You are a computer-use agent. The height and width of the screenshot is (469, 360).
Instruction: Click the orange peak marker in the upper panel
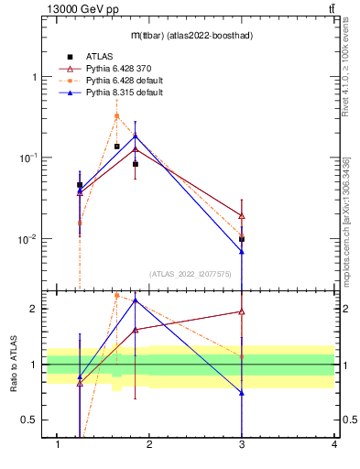click(x=116, y=115)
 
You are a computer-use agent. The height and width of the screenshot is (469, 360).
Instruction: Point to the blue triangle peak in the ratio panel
click(x=136, y=300)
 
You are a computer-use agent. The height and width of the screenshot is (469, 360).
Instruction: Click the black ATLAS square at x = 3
click(x=242, y=239)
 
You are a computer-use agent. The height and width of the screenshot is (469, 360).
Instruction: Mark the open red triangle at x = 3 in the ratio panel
click(x=242, y=311)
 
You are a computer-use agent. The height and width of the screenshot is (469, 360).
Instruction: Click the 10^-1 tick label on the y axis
click(x=27, y=158)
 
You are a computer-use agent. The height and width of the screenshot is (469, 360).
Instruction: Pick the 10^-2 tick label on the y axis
click(x=27, y=239)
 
